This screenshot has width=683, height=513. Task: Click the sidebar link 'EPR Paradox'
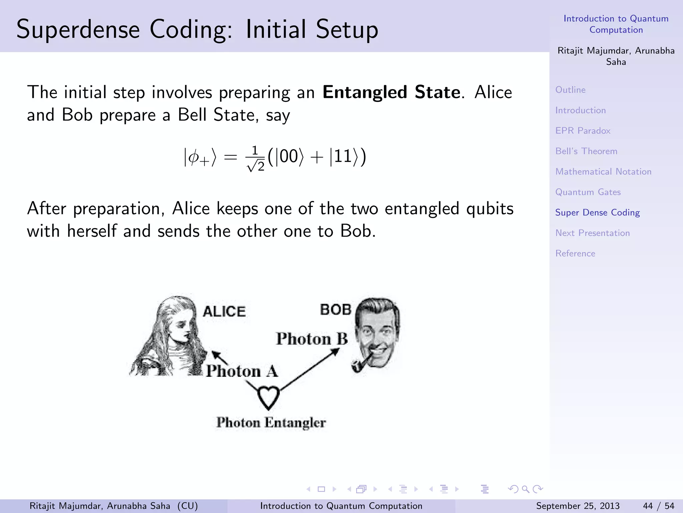(x=583, y=131)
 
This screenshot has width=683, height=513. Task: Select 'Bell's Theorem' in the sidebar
(x=586, y=151)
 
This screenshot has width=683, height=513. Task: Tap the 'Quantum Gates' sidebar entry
(x=588, y=192)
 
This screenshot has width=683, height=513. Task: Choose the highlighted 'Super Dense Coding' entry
(x=597, y=212)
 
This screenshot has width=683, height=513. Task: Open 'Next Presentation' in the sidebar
(x=592, y=233)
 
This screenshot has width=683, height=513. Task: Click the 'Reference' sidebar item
(x=575, y=253)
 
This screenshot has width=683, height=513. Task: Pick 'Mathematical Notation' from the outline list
(x=603, y=171)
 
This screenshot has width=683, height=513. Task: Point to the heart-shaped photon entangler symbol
(x=268, y=397)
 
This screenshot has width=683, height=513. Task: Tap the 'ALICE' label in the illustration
(x=224, y=311)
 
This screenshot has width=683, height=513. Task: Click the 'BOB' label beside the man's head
(x=335, y=310)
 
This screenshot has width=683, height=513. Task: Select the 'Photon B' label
(x=312, y=339)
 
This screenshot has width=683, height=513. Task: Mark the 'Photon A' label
(x=242, y=371)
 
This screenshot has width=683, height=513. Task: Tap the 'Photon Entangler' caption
(x=271, y=422)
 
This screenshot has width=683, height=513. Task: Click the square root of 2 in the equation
(x=256, y=165)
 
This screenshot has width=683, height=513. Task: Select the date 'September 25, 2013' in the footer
(x=578, y=506)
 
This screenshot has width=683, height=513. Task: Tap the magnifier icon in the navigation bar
(x=525, y=489)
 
